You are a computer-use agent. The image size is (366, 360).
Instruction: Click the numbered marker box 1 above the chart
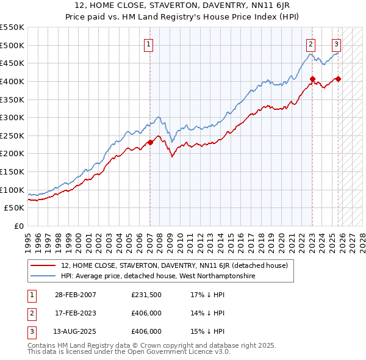(x=149, y=43)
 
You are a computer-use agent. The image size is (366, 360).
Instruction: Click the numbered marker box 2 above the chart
(x=311, y=43)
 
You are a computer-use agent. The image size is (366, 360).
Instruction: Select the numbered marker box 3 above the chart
(x=336, y=43)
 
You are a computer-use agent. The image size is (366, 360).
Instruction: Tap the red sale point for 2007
(x=150, y=143)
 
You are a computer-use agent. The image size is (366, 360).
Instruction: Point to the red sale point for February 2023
(x=312, y=79)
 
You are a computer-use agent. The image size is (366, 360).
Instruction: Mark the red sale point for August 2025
(x=338, y=79)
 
